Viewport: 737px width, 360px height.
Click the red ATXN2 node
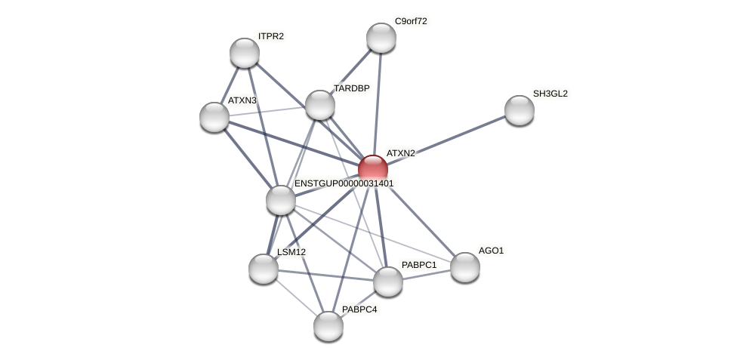(373, 170)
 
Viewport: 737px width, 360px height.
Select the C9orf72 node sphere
(381, 38)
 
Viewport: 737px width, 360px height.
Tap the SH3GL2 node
(520, 110)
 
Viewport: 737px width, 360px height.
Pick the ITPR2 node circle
(245, 53)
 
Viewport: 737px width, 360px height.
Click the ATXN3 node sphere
(214, 117)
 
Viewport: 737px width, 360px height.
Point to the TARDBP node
(320, 105)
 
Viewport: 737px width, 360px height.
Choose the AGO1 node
(465, 267)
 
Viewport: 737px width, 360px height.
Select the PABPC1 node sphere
(388, 282)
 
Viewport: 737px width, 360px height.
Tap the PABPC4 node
(328, 326)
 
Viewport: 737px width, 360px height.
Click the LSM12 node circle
(264, 269)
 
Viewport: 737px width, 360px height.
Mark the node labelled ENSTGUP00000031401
(281, 200)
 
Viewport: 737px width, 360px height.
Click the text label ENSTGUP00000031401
(344, 183)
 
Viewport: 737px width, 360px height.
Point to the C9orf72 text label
(411, 21)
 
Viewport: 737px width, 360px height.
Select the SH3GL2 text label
(550, 94)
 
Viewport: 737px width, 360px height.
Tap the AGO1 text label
(491, 251)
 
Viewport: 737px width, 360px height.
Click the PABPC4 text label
(359, 309)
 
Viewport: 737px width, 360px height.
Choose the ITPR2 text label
(270, 36)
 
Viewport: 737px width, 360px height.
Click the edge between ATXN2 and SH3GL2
(446, 140)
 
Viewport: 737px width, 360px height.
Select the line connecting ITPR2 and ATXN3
(230, 85)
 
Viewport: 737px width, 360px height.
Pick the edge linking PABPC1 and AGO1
(427, 275)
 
